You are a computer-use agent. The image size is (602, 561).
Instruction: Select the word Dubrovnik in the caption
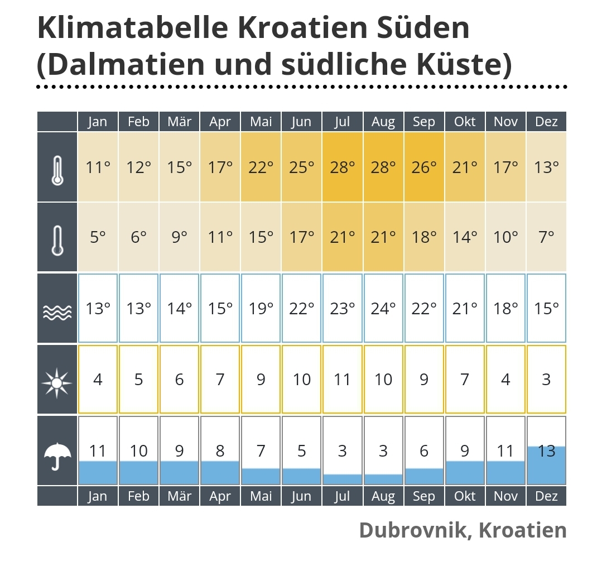411,529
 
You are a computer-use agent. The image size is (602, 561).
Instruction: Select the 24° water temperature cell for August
383,308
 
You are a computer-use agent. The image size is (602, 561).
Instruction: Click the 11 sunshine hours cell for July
343,380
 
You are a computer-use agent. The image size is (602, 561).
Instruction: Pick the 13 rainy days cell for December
547,451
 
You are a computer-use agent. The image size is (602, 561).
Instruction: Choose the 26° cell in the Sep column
424,167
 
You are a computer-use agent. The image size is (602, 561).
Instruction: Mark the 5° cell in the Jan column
98,237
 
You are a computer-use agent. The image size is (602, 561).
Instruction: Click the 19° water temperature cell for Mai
261,308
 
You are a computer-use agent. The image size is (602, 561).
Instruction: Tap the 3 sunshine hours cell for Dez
547,380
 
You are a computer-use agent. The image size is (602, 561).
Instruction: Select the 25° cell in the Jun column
302,167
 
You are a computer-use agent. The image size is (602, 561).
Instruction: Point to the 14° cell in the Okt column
465,237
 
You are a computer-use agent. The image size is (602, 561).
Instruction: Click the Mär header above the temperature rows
179,122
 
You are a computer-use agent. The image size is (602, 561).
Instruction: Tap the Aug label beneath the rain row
383,496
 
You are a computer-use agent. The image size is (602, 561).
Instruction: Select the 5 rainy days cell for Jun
302,451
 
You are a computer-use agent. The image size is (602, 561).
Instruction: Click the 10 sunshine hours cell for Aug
383,380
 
